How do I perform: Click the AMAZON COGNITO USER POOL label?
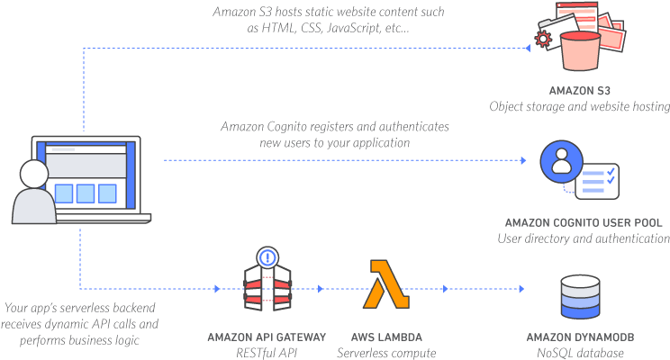584,222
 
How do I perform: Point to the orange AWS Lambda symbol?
386,285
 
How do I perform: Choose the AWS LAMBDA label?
386,337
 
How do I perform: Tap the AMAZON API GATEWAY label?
267,337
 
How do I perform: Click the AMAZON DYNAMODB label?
580,337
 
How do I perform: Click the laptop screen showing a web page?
86,175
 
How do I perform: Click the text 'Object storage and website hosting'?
579,106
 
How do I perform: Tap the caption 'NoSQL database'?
580,353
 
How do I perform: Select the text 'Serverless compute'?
386,353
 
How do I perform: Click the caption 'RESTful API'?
267,353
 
